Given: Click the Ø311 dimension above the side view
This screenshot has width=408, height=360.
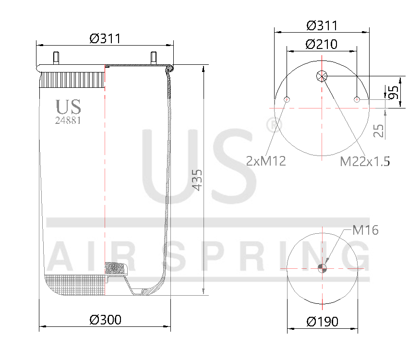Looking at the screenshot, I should point(105,38).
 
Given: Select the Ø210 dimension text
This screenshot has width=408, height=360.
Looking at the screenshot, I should point(321,44).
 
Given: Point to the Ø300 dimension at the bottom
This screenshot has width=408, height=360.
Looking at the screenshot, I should point(106,319).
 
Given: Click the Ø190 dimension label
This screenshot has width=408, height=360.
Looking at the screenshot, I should point(322,322).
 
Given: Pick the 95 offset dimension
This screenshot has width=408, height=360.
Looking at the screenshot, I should point(394,92).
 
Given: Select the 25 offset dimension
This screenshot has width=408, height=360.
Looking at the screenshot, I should point(379,131).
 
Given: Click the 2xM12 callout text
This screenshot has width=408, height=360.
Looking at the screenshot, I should point(266,161).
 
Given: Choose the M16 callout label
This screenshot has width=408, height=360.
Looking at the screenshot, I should point(365,230).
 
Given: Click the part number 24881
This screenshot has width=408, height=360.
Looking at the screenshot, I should point(68,121).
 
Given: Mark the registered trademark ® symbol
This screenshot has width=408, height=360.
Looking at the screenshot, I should point(274,126).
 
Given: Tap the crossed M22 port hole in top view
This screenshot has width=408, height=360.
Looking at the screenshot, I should point(322,76).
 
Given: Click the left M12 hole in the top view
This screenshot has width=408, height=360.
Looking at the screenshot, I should point(287,99).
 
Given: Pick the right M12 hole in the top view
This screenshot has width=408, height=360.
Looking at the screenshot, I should point(357,99).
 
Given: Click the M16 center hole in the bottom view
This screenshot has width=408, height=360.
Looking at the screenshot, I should point(322,268).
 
